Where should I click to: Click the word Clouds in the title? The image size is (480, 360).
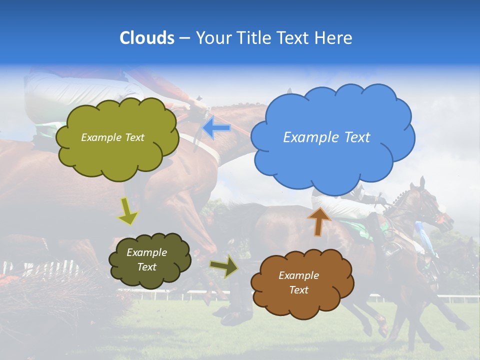(x=146, y=38)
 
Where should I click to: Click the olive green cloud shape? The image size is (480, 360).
(x=116, y=138)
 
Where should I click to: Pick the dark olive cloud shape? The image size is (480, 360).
(x=149, y=260)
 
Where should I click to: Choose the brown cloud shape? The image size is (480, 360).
(x=302, y=283)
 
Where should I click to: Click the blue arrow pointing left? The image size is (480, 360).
(x=216, y=128)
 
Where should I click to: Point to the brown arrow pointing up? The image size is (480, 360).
(x=319, y=221)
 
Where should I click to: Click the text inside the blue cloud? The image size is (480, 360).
(x=326, y=137)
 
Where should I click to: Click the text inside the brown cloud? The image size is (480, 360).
(x=298, y=282)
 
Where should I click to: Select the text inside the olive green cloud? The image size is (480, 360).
(x=112, y=137)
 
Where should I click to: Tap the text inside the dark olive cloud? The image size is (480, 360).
(x=146, y=260)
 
